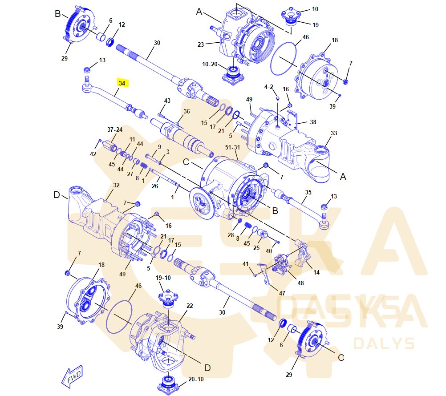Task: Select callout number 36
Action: point(187,111)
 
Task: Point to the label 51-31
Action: point(233,148)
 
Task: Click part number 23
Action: point(201,44)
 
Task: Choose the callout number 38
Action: point(313,121)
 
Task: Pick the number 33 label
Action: point(334,133)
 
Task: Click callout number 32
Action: point(116,185)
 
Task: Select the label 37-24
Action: point(114,129)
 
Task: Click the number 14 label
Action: point(316,272)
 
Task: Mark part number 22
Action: point(190,306)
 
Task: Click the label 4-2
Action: point(268,87)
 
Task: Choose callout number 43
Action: point(167,101)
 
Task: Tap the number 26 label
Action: point(155,186)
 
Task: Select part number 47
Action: point(282,293)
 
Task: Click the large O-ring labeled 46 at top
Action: point(284,58)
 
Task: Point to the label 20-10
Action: point(196,379)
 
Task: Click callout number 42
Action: point(93,154)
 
